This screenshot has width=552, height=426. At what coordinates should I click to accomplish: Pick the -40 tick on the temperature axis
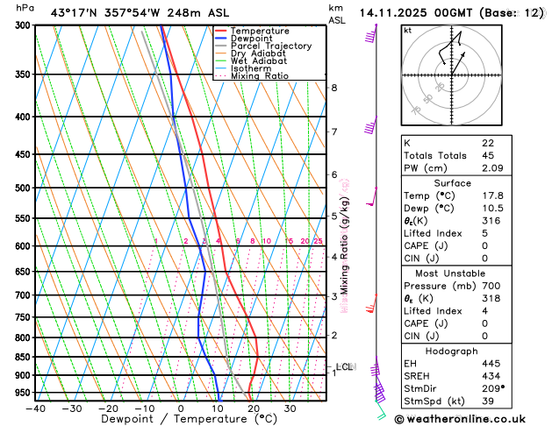coord(35,408)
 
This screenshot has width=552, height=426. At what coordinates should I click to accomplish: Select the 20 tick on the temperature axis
coord(253,408)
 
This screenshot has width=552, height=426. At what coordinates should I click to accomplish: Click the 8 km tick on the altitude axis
coord(334,88)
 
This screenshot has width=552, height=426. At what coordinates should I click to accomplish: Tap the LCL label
coord(344,366)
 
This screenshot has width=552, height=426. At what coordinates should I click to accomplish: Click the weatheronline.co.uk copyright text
coord(472,419)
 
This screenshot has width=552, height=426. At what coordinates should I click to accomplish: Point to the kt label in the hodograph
coord(407,30)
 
